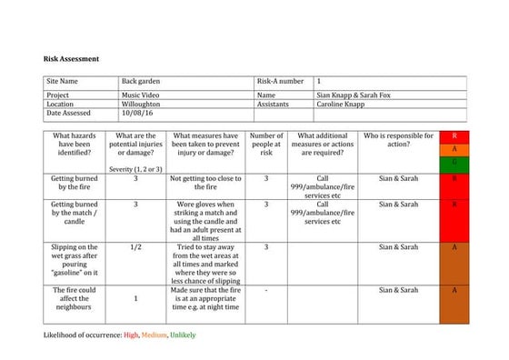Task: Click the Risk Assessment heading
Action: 71,59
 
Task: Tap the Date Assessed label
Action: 69,114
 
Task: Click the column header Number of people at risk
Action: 266,145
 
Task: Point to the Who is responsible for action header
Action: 398,140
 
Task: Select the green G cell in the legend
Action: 454,162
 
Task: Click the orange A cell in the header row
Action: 454,149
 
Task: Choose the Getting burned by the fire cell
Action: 75,184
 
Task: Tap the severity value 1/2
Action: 135,246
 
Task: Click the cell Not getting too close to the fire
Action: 205,184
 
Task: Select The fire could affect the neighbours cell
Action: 75,299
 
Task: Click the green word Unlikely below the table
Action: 182,335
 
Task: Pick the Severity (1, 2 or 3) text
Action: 135,169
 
